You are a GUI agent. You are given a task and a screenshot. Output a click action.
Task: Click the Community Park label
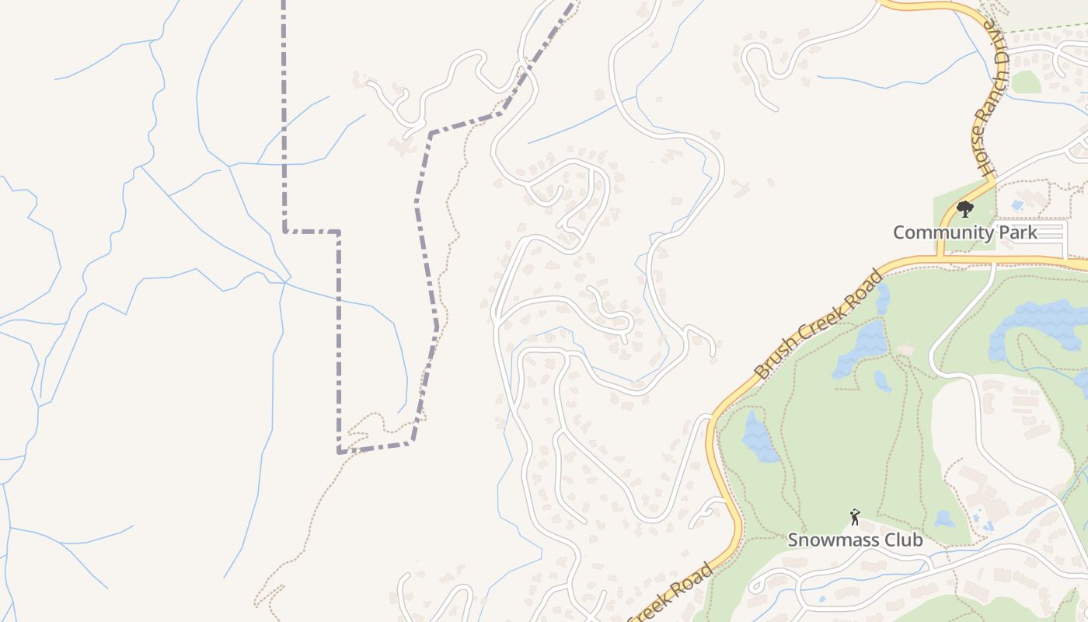(x=964, y=232)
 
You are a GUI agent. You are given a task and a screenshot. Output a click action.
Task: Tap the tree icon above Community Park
(x=964, y=209)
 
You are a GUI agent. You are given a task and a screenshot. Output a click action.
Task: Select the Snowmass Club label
(x=855, y=540)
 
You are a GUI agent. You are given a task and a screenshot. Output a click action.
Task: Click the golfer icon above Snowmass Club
(x=855, y=516)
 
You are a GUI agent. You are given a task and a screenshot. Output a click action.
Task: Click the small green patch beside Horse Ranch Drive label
(x=1025, y=82)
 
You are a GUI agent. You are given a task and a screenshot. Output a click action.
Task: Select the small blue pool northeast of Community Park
(x=1017, y=205)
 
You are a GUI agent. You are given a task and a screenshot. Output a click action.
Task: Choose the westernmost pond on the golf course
(x=758, y=437)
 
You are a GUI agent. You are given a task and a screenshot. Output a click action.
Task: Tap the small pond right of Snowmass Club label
(x=943, y=519)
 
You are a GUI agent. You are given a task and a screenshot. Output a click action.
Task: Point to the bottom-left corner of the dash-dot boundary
(x=340, y=451)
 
